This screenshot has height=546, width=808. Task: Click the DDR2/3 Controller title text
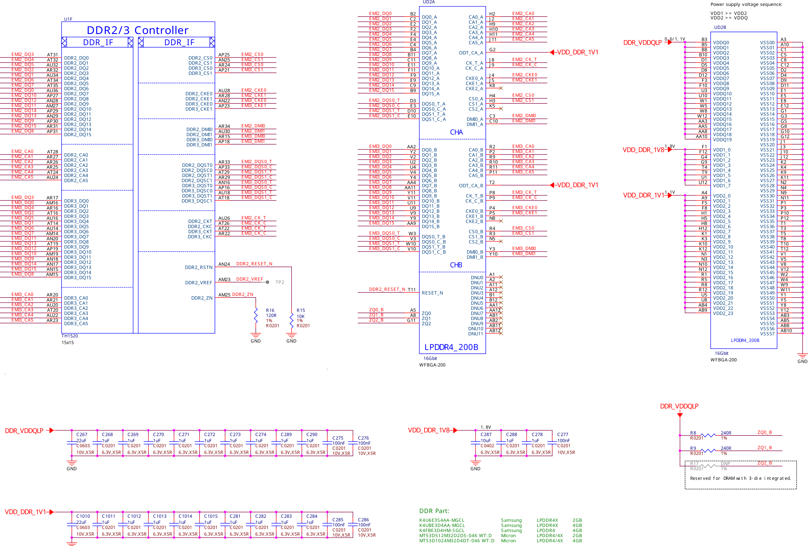click(x=137, y=30)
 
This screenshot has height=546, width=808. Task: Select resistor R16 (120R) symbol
click(x=256, y=316)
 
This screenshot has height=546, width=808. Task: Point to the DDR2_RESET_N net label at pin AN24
click(x=254, y=264)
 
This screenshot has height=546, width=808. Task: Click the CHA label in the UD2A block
click(x=456, y=132)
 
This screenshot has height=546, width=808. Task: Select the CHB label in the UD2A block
click(x=456, y=265)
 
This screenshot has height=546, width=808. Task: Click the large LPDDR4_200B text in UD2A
click(x=451, y=347)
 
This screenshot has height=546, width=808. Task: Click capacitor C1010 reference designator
click(x=83, y=516)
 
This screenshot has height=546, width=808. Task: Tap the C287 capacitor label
click(x=486, y=434)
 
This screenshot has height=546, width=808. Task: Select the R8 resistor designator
click(x=693, y=433)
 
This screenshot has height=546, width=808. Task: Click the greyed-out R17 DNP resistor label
click(x=694, y=463)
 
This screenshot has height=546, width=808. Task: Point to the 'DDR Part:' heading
click(x=434, y=511)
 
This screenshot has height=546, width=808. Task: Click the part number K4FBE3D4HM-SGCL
click(x=442, y=530)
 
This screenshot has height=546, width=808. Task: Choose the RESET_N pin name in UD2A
click(x=432, y=293)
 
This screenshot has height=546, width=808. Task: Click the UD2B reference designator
click(x=720, y=27)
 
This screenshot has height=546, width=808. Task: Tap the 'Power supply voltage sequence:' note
click(x=747, y=4)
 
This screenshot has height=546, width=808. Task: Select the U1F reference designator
click(x=68, y=19)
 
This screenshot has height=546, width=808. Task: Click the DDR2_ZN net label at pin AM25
click(x=242, y=294)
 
